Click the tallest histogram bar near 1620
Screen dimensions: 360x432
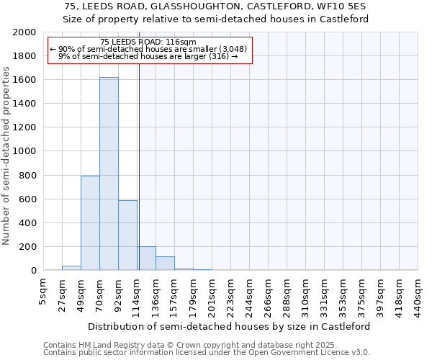point(109,174)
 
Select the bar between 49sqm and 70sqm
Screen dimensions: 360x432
point(90,223)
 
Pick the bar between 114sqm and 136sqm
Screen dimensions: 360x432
point(147,258)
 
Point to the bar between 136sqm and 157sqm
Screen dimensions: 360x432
point(165,264)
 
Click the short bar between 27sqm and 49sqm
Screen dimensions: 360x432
point(71,268)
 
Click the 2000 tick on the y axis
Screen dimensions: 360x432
point(24,32)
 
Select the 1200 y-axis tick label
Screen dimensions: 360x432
point(24,127)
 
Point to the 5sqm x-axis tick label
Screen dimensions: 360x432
point(44,291)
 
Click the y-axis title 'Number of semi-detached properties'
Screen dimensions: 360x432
point(7,156)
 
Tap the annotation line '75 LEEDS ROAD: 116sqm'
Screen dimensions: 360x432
point(148,42)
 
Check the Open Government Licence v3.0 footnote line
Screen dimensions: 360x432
point(206,353)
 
